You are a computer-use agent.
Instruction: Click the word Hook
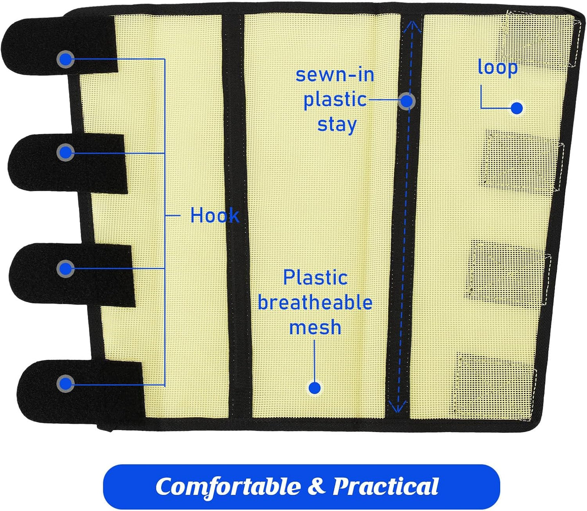[x=214, y=215]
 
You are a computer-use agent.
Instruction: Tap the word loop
[x=498, y=67]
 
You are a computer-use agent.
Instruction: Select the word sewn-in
[x=335, y=75]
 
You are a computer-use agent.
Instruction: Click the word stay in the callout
[x=337, y=125]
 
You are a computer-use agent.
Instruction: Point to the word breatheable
[x=315, y=303]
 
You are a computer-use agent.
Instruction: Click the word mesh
[x=315, y=327]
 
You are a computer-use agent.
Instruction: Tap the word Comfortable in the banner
[x=228, y=487]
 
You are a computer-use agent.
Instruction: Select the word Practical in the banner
[x=386, y=486]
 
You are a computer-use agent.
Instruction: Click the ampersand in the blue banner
[x=317, y=486]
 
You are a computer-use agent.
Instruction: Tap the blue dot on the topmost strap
[x=65, y=60]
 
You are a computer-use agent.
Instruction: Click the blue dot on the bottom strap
[x=65, y=383]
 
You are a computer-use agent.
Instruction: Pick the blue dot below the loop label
[x=517, y=108]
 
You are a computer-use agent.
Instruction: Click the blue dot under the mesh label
[x=314, y=388]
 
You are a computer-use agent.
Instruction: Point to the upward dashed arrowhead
[x=413, y=28]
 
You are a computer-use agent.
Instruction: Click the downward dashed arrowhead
[x=397, y=406]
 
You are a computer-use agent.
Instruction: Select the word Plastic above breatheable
[x=315, y=278]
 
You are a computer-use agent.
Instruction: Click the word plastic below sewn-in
[x=335, y=100]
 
